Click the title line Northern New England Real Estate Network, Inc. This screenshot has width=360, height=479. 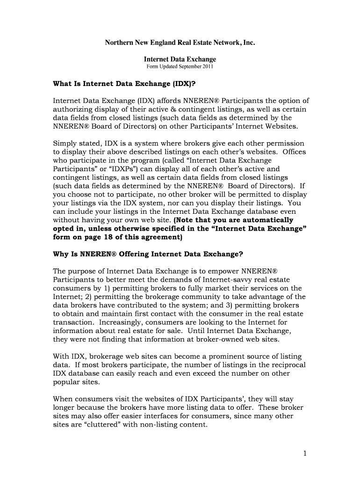point(180,43)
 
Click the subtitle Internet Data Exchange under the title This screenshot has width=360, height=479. point(180,59)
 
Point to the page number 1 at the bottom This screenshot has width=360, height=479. point(303,453)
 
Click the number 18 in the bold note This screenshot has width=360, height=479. point(110,237)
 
